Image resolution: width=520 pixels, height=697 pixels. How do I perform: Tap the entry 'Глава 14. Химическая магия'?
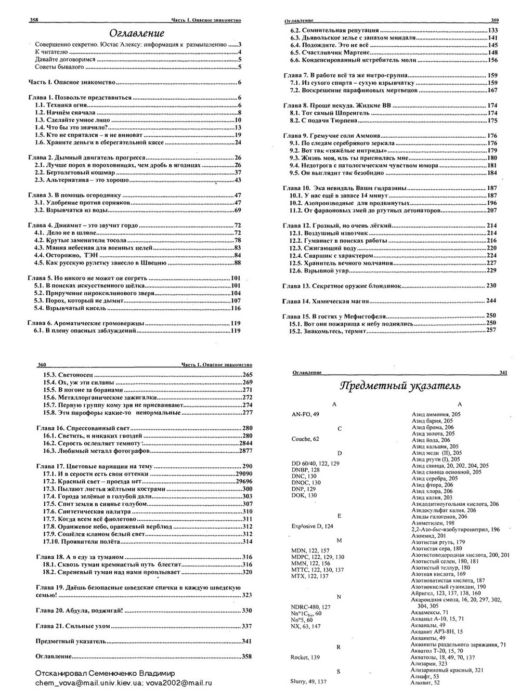pos(327,301)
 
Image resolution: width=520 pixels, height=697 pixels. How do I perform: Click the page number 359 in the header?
pos(495,21)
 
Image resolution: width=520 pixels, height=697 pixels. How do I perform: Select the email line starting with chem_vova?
pos(123,682)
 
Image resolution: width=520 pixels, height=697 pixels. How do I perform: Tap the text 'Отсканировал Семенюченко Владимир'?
pos(105,674)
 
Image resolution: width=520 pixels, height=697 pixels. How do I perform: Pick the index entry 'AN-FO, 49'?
pos(306,414)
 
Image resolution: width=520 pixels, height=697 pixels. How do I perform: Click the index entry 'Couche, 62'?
pos(305,439)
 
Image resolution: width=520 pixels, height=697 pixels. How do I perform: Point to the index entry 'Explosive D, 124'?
pos(313,526)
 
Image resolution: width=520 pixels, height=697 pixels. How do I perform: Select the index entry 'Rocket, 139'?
pos(305,657)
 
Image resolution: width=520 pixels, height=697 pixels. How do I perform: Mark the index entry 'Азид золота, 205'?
pos(433,433)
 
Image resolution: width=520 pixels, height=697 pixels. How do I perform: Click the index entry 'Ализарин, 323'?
pos(429,664)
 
